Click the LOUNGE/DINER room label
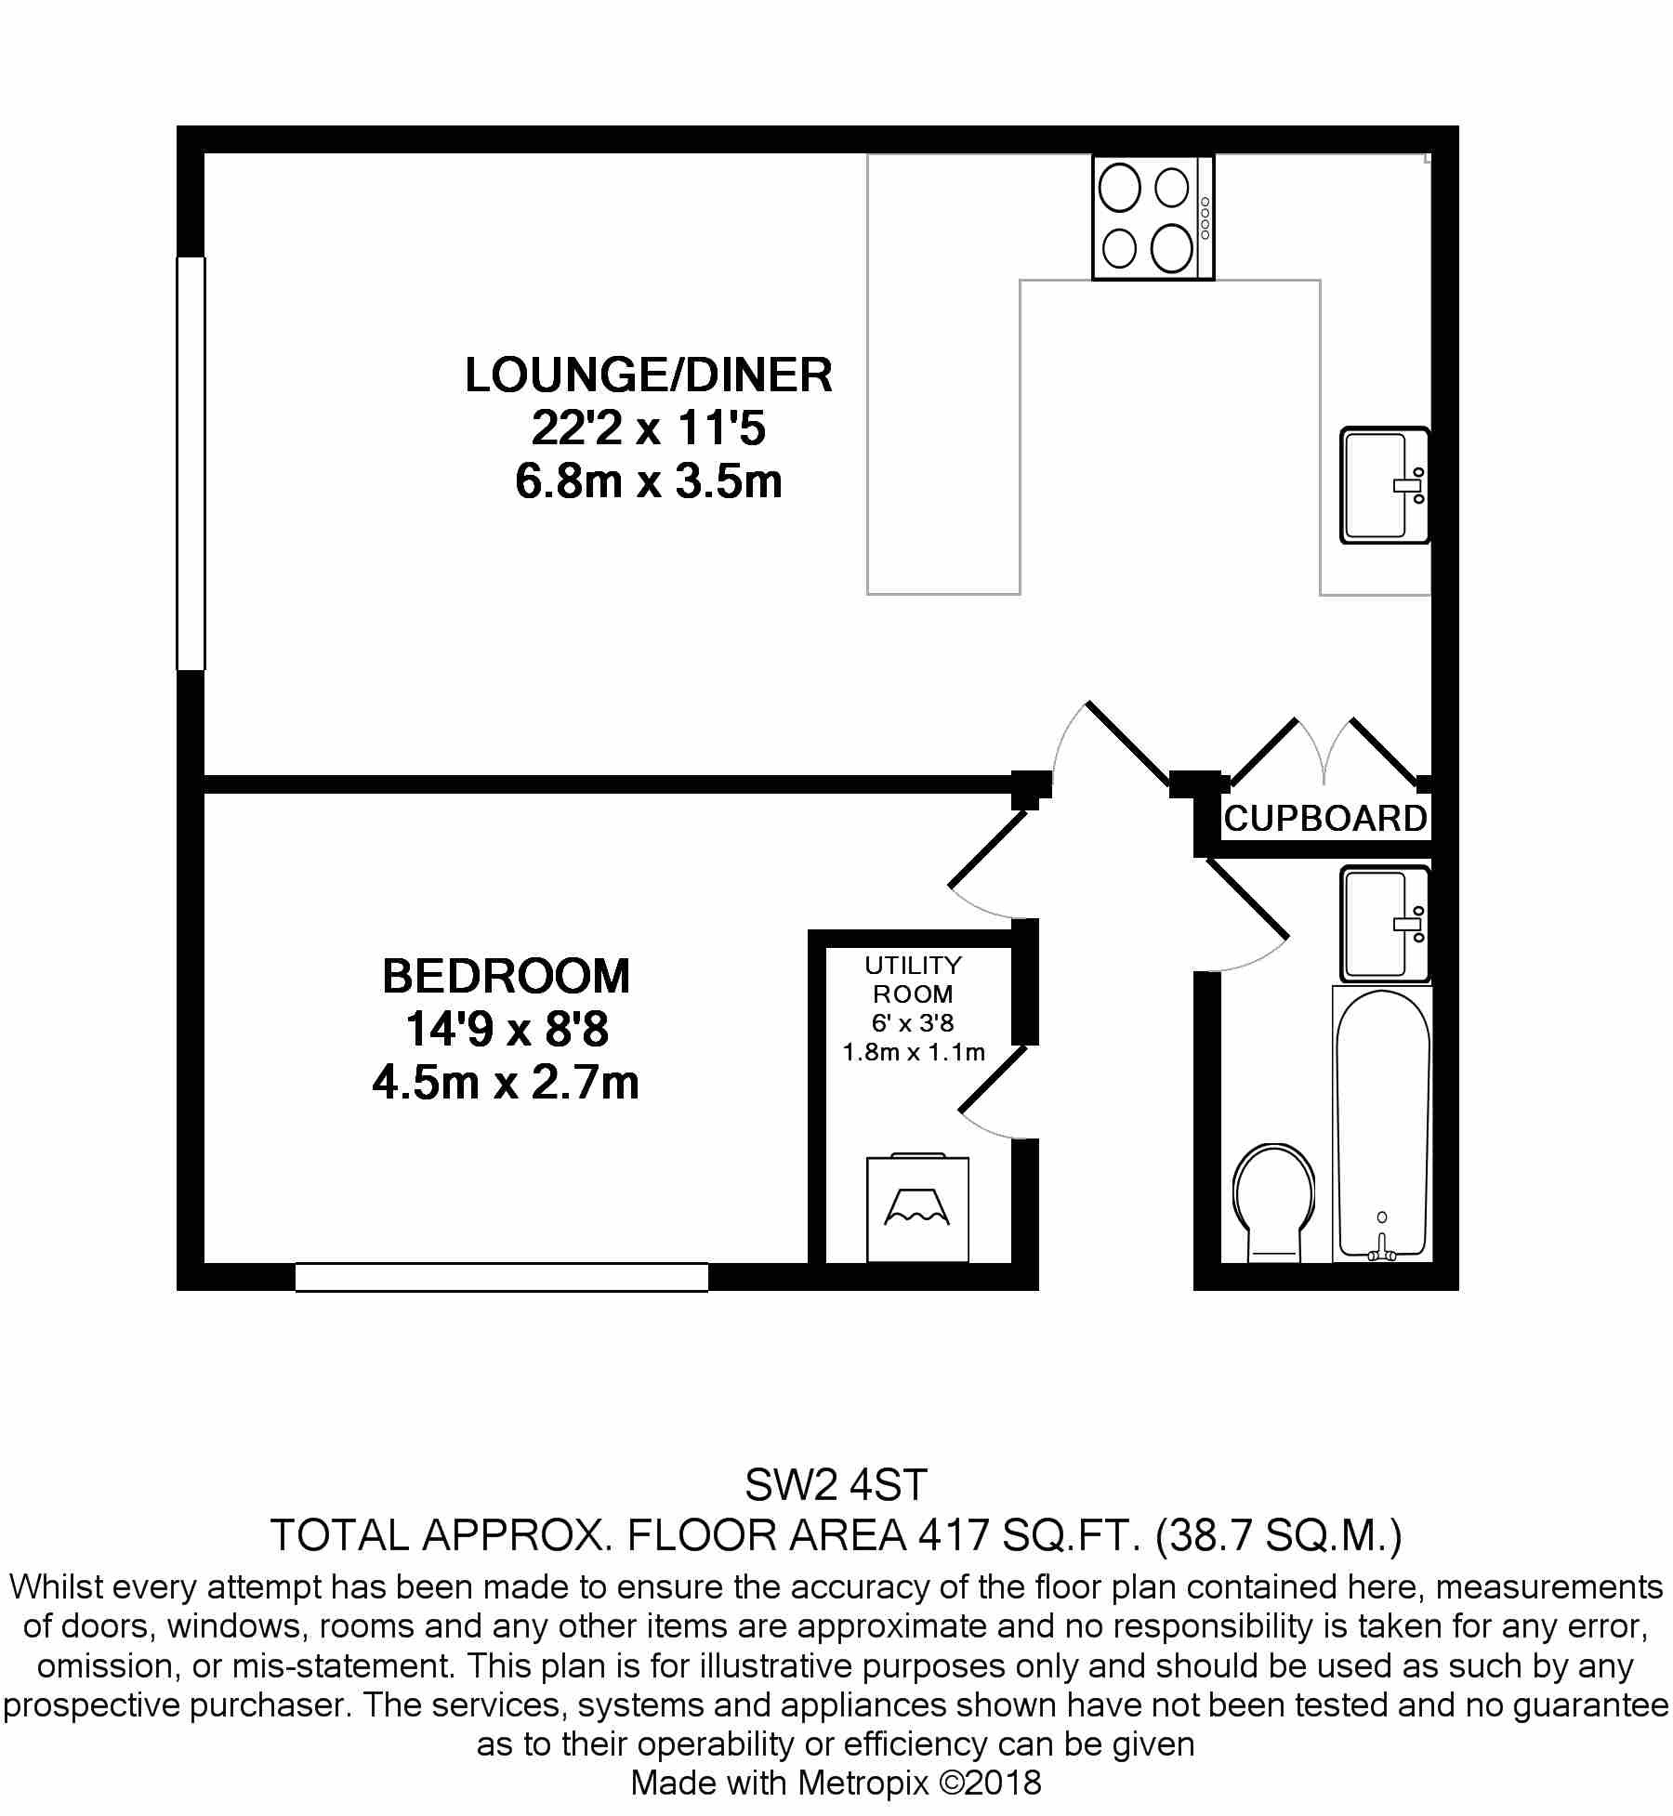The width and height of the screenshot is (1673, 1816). click(649, 375)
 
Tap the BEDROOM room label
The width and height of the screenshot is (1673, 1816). click(507, 976)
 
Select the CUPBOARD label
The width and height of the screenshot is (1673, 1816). click(1325, 819)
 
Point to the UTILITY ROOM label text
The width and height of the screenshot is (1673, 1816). click(913, 980)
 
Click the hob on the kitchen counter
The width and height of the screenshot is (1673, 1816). click(1153, 217)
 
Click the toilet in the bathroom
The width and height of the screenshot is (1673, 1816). click(1274, 1203)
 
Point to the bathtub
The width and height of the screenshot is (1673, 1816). click(1382, 1125)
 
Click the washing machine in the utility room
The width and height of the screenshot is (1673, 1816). click(917, 1208)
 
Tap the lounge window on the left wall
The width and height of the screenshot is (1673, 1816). click(191, 463)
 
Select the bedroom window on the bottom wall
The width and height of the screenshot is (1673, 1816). click(502, 1277)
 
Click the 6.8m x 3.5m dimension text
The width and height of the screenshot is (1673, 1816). click(649, 482)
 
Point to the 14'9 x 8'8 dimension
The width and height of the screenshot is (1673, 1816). click(507, 1030)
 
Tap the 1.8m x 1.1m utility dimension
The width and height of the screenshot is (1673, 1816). click(913, 1053)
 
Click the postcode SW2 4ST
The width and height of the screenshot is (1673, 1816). click(836, 1487)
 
